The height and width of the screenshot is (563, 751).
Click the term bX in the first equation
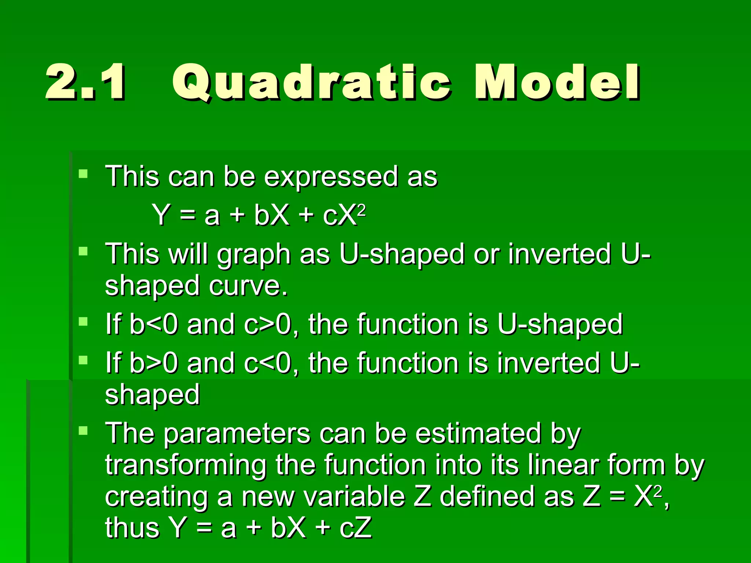coord(272,215)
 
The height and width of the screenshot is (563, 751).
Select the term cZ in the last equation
coord(356,528)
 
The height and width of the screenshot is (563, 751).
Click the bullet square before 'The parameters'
coord(83,430)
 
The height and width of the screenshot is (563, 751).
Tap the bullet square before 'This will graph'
coord(83,251)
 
